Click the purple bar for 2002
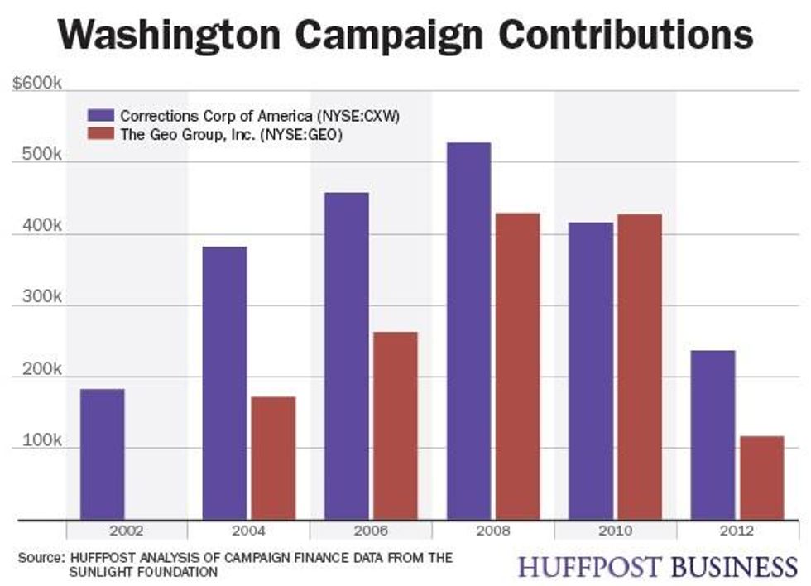[103, 454]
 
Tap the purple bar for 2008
[468, 331]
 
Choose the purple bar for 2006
[347, 356]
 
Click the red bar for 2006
[396, 425]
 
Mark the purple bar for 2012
[713, 435]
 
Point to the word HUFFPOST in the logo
[589, 567]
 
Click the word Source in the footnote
[38, 558]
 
